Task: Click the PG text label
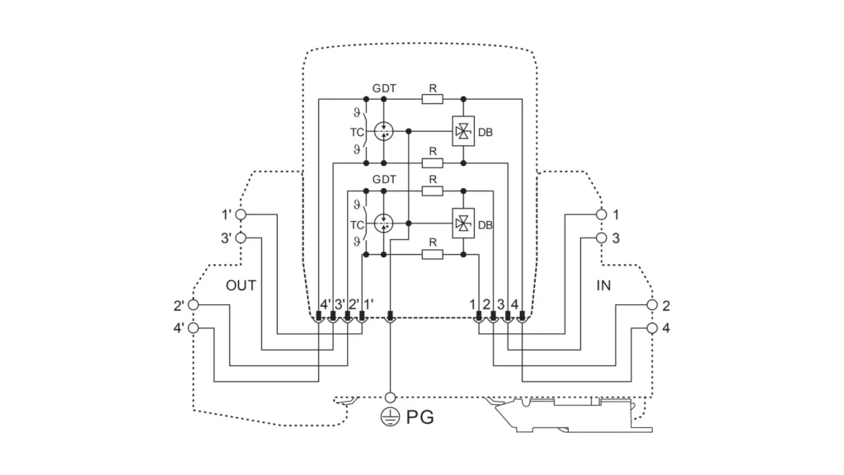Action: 418,418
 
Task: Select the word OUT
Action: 241,285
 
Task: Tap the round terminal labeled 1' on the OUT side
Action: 241,214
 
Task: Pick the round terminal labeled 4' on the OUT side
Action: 194,327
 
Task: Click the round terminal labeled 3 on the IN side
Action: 603,237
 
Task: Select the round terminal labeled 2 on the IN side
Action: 652,304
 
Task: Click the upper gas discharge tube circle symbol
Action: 383,130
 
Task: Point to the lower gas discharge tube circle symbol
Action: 383,223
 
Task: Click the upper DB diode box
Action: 463,130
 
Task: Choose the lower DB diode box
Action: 463,223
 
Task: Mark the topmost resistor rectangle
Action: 432,99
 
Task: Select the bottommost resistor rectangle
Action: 432,256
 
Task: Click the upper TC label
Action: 357,131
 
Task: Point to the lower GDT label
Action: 383,179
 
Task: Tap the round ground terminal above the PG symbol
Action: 390,397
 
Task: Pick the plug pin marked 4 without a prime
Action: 521,317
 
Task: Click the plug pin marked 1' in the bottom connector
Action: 362,317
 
